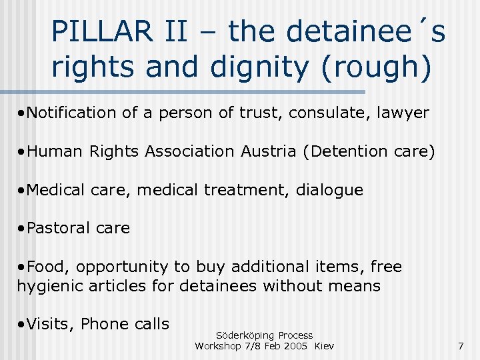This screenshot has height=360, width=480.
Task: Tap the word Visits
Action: (51, 324)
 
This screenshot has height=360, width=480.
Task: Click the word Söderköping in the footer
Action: (246, 335)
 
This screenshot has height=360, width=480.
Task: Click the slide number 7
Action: (461, 345)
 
